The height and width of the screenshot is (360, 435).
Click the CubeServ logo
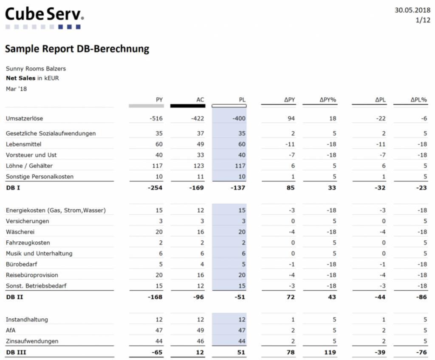click(44, 18)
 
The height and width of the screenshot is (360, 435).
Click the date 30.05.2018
click(412, 10)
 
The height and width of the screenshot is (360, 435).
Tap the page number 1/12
click(423, 20)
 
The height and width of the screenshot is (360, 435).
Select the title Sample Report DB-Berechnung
click(77, 49)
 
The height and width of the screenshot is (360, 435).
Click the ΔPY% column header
click(328, 100)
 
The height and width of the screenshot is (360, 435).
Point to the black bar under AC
click(188, 106)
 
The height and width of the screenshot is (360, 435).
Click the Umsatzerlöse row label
click(24, 118)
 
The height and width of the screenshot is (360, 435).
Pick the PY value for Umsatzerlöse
click(156, 118)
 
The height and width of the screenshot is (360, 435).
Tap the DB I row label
click(13, 188)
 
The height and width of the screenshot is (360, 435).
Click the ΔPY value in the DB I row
click(291, 188)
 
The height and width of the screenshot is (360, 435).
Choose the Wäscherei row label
click(20, 232)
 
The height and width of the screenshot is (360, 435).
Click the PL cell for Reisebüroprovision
click(242, 275)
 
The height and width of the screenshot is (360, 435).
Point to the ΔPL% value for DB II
click(421, 297)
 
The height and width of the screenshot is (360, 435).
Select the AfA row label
click(11, 330)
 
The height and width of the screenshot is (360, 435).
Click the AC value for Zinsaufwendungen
click(201, 341)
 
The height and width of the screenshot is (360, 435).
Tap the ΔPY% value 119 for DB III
click(330, 352)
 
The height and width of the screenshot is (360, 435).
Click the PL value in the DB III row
click(241, 352)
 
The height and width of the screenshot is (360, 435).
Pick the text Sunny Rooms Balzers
click(36, 68)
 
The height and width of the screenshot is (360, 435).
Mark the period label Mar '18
click(17, 89)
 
